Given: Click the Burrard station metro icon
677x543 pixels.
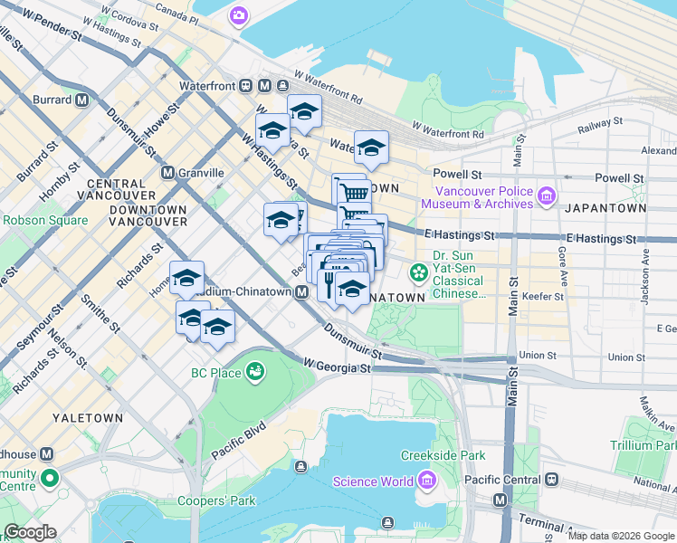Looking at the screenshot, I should click(81, 100).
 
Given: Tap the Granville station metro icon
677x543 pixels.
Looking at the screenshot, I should click(167, 172).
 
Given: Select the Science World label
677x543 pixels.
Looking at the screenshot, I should click(372, 481).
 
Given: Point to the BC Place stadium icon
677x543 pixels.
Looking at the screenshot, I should click(255, 372).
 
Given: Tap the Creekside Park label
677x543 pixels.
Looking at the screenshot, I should click(444, 455).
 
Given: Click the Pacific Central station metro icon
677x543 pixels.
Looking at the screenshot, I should click(500, 500).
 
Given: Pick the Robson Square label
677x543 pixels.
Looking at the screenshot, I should click(45, 220).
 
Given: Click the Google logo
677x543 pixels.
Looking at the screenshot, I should click(31, 532).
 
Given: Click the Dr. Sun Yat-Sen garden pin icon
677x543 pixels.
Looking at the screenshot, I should click(419, 271).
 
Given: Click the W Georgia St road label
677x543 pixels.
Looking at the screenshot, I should click(337, 367).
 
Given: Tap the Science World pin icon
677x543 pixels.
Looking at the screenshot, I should click(424, 481).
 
